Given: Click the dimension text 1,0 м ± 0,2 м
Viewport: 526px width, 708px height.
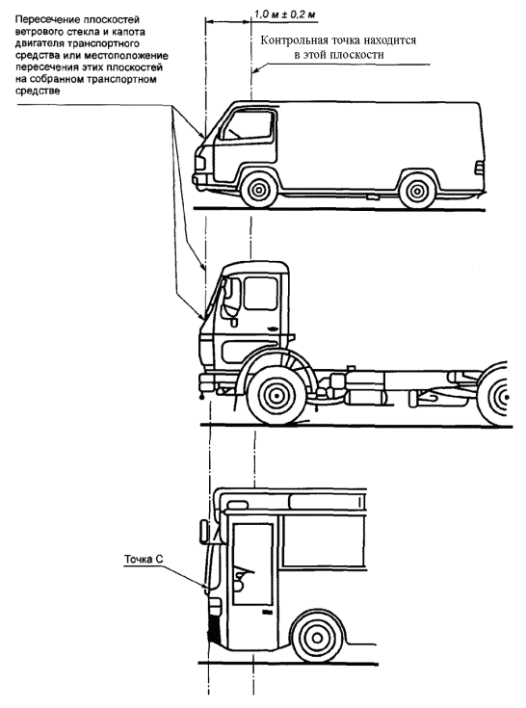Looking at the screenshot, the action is pyautogui.click(x=284, y=14).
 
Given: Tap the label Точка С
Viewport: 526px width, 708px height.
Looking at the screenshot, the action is pyautogui.click(x=144, y=560).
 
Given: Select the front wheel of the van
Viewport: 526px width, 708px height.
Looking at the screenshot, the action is pyautogui.click(x=259, y=190).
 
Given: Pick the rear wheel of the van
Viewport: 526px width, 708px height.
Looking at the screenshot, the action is pyautogui.click(x=417, y=191).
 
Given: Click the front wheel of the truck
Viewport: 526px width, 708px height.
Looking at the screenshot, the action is pyautogui.click(x=275, y=396).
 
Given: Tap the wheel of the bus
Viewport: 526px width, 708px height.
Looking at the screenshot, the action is pyautogui.click(x=317, y=638).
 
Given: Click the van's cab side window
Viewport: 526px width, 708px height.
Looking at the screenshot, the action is pyautogui.click(x=248, y=124).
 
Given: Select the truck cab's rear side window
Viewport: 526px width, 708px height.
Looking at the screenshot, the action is pyautogui.click(x=260, y=294).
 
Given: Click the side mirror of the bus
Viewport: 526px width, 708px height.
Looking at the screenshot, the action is pyautogui.click(x=204, y=531).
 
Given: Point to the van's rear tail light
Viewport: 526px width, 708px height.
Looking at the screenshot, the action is pyautogui.click(x=478, y=168).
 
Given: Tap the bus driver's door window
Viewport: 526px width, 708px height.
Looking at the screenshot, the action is pyautogui.click(x=252, y=564).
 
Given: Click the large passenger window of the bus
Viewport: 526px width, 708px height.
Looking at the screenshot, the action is pyautogui.click(x=324, y=541).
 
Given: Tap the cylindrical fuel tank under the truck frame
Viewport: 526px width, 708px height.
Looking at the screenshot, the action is pyautogui.click(x=365, y=397).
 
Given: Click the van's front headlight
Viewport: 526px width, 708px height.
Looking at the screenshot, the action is pyautogui.click(x=199, y=163).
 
